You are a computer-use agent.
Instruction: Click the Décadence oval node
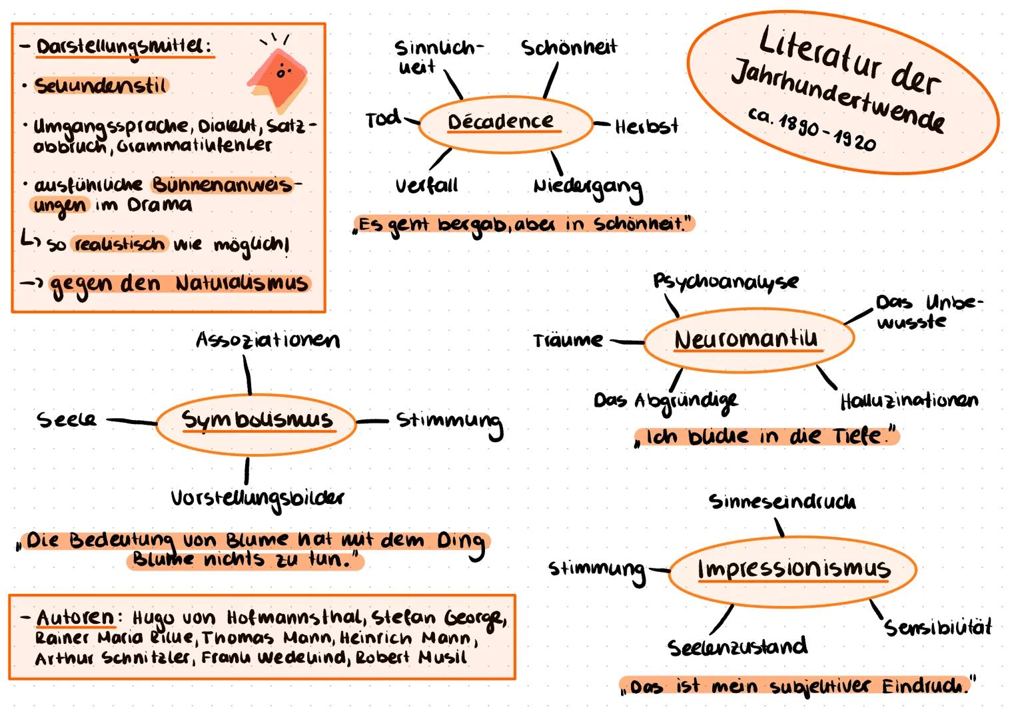504,123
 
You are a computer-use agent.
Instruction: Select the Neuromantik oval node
746,340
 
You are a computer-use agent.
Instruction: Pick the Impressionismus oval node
793,570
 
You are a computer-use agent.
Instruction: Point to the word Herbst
646,126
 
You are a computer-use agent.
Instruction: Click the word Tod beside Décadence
382,120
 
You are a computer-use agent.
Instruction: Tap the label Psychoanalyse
725,282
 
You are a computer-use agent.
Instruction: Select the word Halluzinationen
909,401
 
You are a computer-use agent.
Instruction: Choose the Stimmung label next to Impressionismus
597,570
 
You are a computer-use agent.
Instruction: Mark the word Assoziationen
267,340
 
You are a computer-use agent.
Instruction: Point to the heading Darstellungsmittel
124,47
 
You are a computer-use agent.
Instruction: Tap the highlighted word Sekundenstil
101,86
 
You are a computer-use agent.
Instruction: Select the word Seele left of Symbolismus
67,419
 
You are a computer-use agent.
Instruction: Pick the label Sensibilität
937,627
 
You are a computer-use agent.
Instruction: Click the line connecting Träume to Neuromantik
627,342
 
